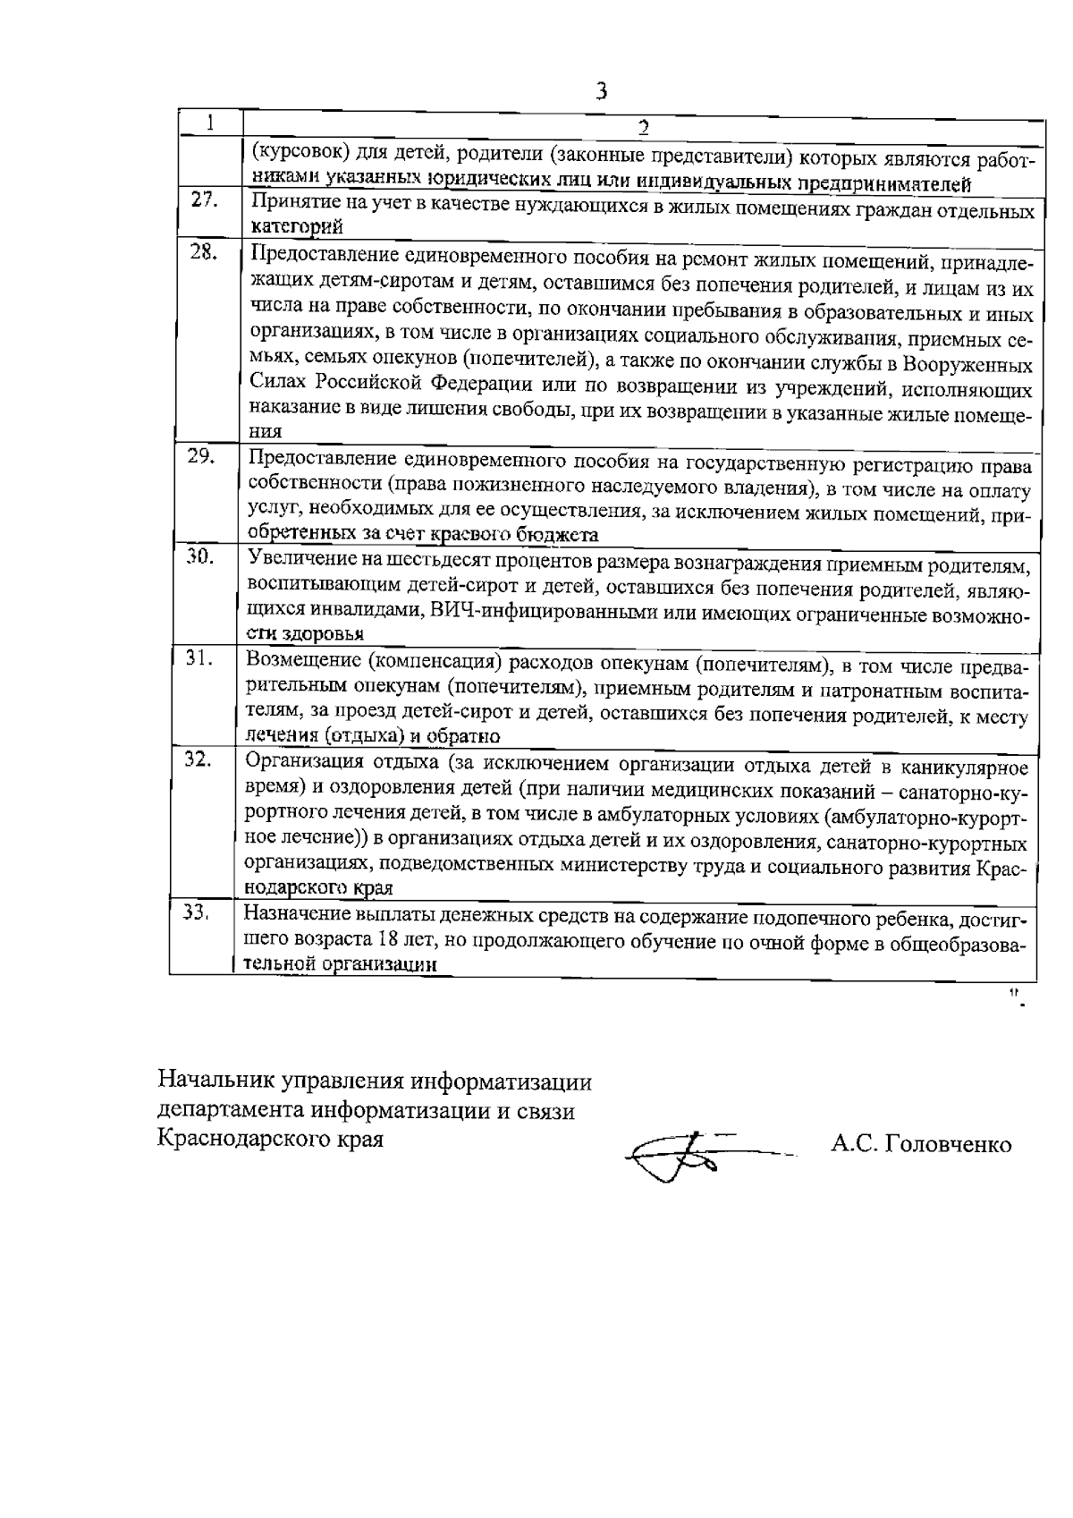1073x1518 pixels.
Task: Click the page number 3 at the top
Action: click(x=601, y=90)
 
